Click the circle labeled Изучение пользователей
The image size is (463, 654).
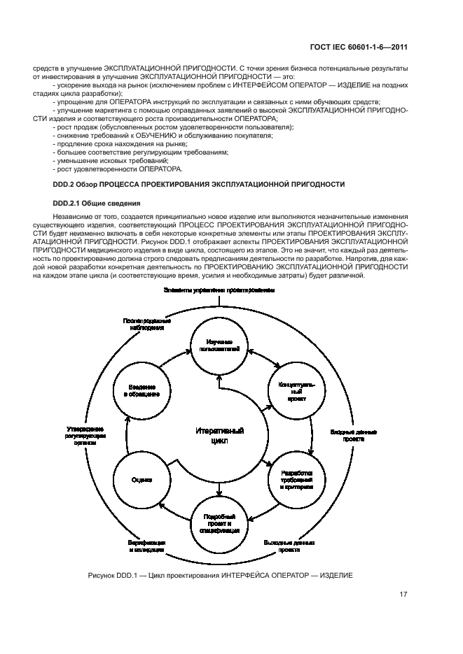coord(219,344)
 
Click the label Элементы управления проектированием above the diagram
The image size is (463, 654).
coord(219,290)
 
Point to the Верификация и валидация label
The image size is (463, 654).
coord(146,546)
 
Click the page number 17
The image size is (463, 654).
coord(403,596)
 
